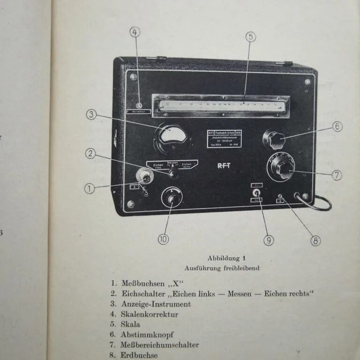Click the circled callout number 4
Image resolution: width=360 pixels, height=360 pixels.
(x=135, y=32)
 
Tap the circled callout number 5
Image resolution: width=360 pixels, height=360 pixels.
(x=251, y=37)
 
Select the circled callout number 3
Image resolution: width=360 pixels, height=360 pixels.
(x=91, y=114)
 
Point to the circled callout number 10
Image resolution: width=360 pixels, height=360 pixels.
(x=163, y=239)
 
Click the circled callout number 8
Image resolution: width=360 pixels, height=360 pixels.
(x=315, y=240)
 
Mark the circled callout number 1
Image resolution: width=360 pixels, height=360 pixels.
(x=89, y=188)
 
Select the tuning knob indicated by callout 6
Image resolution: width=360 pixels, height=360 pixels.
(x=274, y=139)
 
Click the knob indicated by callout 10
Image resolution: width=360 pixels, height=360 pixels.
(x=172, y=198)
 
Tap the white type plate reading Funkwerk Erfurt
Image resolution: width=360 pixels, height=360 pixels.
(x=225, y=139)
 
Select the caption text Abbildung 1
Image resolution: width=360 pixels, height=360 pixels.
(x=227, y=258)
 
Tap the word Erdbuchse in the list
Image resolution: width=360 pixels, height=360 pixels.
(x=139, y=355)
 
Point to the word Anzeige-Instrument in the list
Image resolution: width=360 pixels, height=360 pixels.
(x=156, y=304)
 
